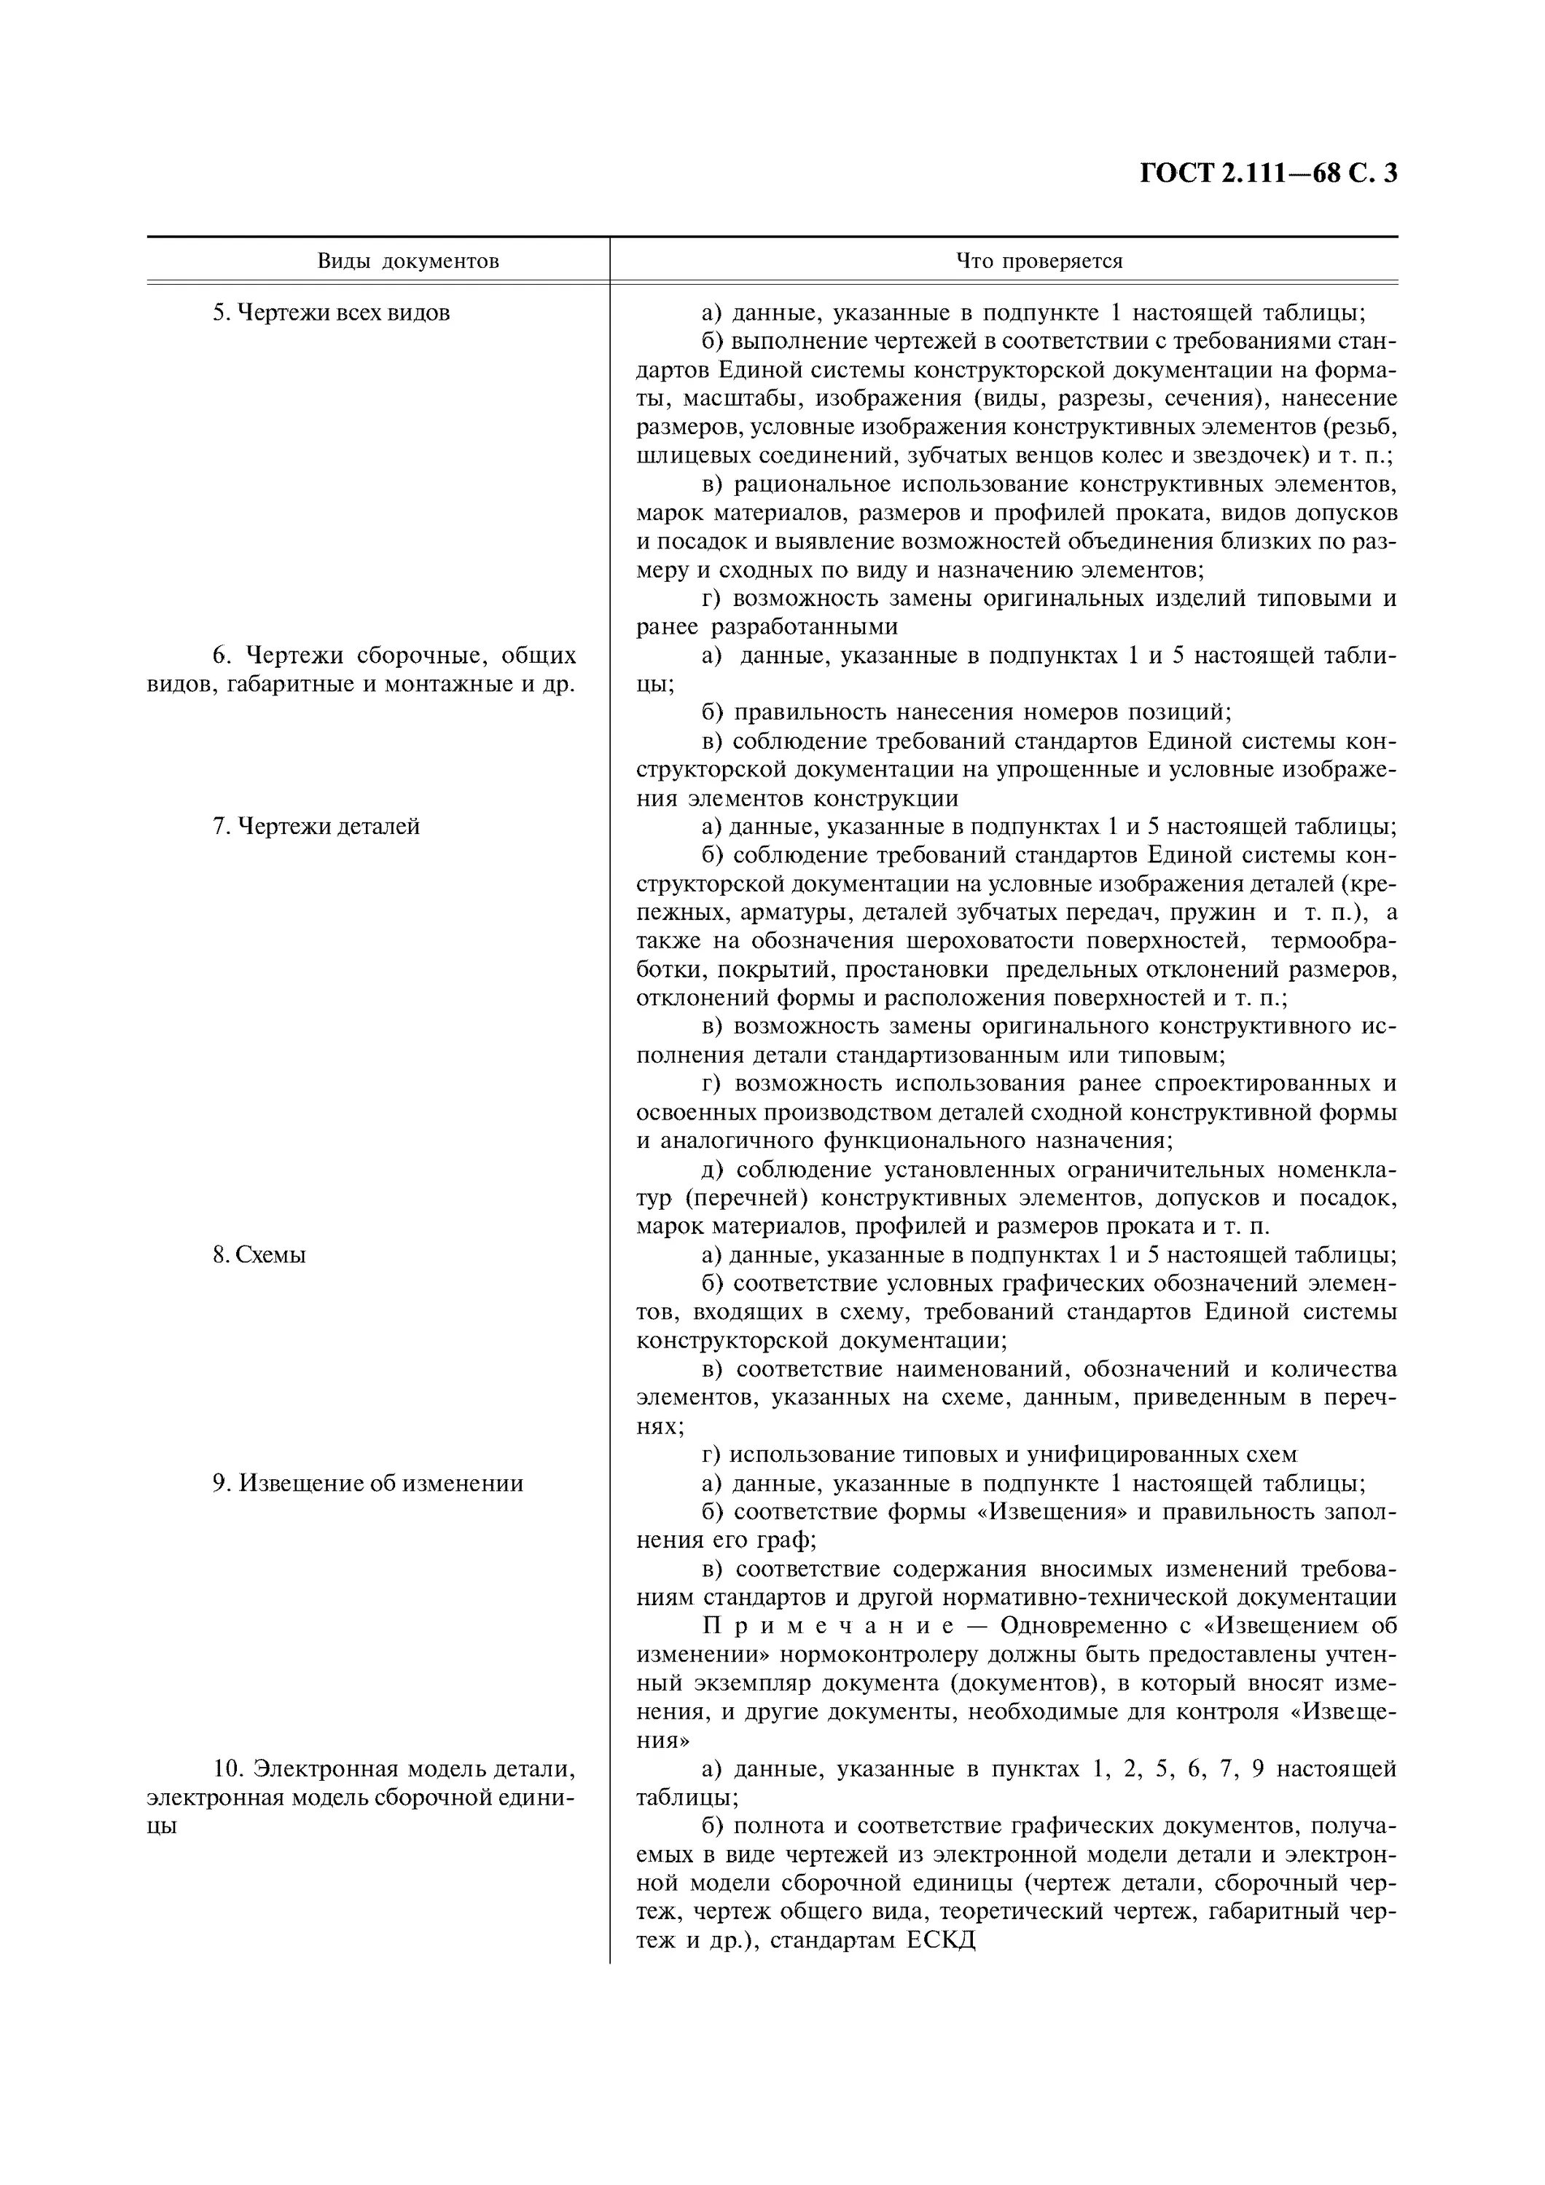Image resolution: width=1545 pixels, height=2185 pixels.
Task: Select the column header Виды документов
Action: pos(407,261)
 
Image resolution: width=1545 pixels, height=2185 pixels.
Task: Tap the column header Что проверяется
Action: pos(1039,261)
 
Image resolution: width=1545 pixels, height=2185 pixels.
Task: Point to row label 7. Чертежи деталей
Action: pos(315,826)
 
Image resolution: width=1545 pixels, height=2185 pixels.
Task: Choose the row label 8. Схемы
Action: pos(259,1254)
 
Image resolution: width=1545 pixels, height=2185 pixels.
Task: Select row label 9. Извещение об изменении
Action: pos(367,1483)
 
